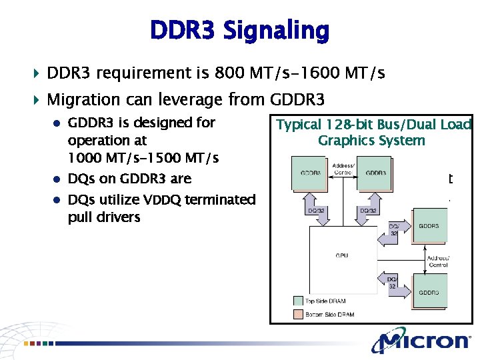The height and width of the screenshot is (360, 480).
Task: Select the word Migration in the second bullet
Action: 82,100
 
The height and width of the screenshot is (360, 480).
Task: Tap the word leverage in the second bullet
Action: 190,100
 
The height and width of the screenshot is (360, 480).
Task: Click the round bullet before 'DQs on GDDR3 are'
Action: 58,179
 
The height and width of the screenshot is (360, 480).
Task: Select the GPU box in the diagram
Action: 341,255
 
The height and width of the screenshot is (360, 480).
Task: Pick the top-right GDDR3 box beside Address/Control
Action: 376,173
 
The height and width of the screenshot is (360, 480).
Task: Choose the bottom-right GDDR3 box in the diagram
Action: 429,291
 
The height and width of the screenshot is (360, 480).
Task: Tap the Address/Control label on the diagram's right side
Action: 438,261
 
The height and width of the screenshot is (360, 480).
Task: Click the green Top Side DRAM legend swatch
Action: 297,301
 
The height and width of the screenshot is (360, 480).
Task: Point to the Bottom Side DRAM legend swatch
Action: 297,313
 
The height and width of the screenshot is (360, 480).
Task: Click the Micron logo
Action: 421,341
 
